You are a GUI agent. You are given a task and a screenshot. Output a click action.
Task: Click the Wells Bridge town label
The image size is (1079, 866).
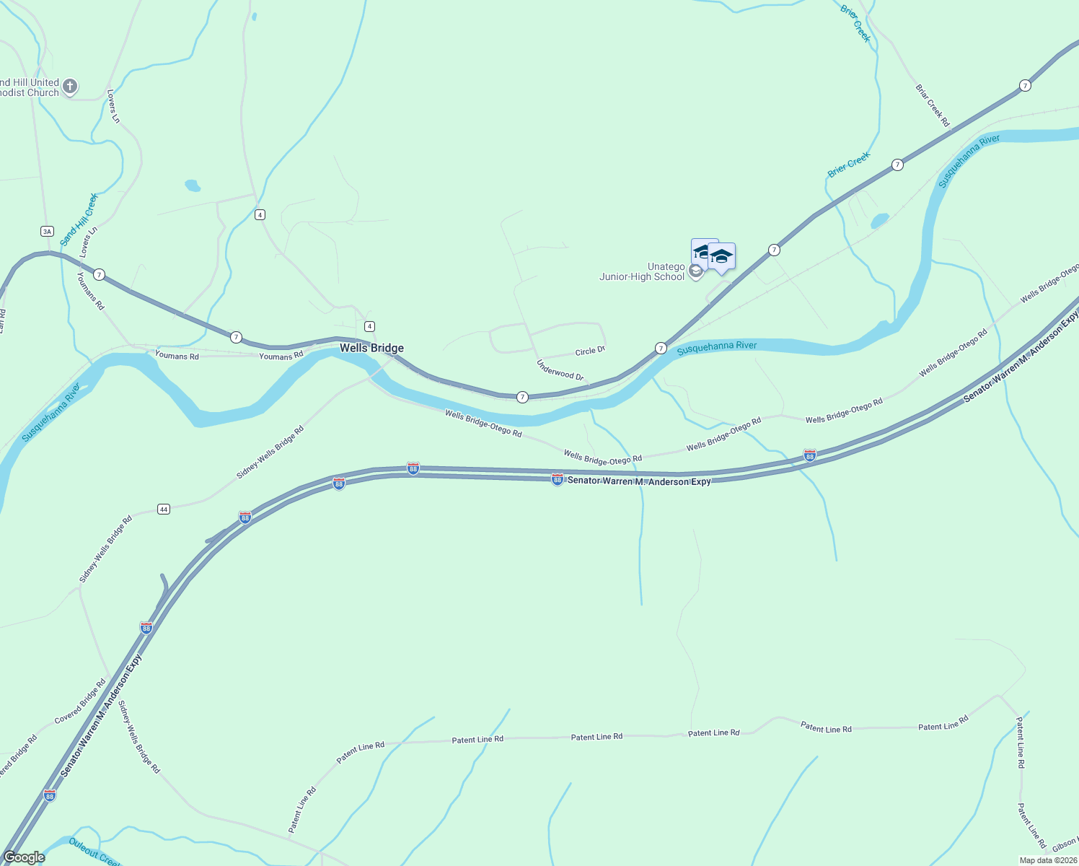(x=371, y=348)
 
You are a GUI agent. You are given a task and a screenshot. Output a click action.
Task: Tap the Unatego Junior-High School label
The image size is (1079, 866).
(x=642, y=272)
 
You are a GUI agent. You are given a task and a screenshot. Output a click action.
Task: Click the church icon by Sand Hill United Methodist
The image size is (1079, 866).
(x=70, y=87)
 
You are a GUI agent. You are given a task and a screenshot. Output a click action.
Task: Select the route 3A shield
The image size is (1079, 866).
(x=47, y=231)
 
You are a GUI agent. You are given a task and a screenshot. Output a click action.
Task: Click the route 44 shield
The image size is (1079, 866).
(x=164, y=509)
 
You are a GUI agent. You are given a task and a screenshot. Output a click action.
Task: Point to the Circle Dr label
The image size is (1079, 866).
(x=589, y=351)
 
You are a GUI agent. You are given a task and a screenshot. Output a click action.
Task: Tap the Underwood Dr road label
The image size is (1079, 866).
(x=560, y=370)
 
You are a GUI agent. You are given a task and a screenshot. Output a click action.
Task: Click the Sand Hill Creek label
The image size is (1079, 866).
(x=79, y=219)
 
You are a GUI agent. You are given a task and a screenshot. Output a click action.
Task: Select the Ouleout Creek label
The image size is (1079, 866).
(x=94, y=850)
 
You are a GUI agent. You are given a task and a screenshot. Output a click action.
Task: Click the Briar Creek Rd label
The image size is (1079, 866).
(x=933, y=105)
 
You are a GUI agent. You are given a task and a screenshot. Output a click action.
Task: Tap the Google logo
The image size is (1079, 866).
(x=25, y=857)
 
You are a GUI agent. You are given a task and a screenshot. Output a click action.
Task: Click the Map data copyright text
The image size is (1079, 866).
(x=1047, y=860)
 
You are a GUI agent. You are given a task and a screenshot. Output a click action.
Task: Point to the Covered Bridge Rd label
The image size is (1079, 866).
(x=80, y=701)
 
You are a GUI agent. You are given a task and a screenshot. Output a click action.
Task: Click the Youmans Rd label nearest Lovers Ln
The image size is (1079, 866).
(x=91, y=291)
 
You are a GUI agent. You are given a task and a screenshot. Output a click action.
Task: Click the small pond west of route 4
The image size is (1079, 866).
(x=193, y=185)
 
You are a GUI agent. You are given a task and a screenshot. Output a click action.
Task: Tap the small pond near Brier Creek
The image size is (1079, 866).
(x=879, y=219)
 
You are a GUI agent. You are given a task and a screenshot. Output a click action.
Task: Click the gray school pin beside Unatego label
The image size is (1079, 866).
(x=695, y=271)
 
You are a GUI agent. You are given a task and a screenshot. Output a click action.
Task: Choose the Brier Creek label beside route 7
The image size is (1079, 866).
(x=849, y=165)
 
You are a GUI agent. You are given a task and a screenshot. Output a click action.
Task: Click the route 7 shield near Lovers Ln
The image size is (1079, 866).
(x=99, y=274)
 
